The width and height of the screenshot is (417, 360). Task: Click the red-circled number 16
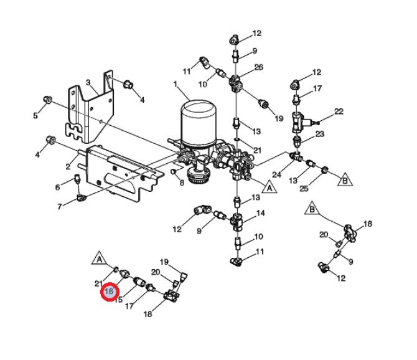pyautogui.click(x=110, y=291)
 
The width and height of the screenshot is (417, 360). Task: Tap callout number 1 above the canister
pyautogui.click(x=176, y=84)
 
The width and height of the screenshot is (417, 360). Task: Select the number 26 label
pyautogui.click(x=259, y=67)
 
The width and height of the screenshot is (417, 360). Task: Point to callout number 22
pyautogui.click(x=339, y=111)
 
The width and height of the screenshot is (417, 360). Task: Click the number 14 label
pyautogui.click(x=261, y=213)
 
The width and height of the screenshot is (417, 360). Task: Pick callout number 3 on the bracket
pyautogui.click(x=88, y=82)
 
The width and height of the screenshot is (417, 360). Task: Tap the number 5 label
pyautogui.click(x=35, y=115)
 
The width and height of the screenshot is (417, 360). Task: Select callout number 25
pyautogui.click(x=304, y=187)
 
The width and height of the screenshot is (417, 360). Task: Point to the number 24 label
pyautogui.click(x=277, y=175)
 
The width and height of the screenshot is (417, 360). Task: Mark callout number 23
pyautogui.click(x=320, y=134)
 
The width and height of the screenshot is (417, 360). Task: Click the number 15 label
pyautogui.click(x=118, y=300)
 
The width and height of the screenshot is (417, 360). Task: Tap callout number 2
pyautogui.click(x=68, y=166)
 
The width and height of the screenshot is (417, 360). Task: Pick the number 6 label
pyautogui.click(x=57, y=187)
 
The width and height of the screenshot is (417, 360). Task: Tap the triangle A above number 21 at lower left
pyautogui.click(x=98, y=257)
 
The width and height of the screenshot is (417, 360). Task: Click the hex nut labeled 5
pyautogui.click(x=47, y=100)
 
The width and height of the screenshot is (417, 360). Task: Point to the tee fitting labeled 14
pyautogui.click(x=238, y=219)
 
